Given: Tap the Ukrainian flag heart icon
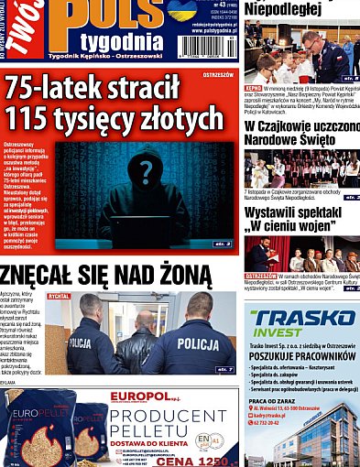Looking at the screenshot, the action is [181, 10].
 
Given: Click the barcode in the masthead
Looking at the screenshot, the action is [206, 45].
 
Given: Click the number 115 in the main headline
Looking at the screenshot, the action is [36, 119].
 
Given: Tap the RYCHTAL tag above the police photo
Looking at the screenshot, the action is [60, 297].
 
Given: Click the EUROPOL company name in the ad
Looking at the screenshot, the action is [137, 396].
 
